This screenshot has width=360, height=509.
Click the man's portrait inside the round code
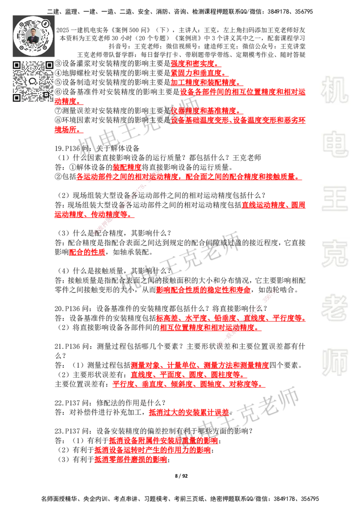[x=34, y=36]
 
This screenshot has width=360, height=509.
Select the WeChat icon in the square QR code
[x=33, y=81]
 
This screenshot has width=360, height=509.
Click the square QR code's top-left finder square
[x=17, y=65]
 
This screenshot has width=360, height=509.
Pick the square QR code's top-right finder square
[x=49, y=65]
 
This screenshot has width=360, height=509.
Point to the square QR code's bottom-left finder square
[x=17, y=98]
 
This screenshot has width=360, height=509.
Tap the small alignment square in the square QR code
[x=46, y=94]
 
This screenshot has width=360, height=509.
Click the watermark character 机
[x=334, y=90]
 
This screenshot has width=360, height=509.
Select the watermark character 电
[x=337, y=144]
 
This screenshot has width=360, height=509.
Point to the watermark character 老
[x=334, y=308]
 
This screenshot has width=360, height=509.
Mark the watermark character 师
[x=334, y=363]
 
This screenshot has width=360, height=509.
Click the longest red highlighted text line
[x=189, y=177]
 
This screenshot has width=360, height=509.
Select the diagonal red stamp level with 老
[x=247, y=317]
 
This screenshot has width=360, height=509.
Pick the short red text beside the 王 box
[x=273, y=205]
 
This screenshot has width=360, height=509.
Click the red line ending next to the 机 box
[x=243, y=92]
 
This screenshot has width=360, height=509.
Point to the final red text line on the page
[x=130, y=460]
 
